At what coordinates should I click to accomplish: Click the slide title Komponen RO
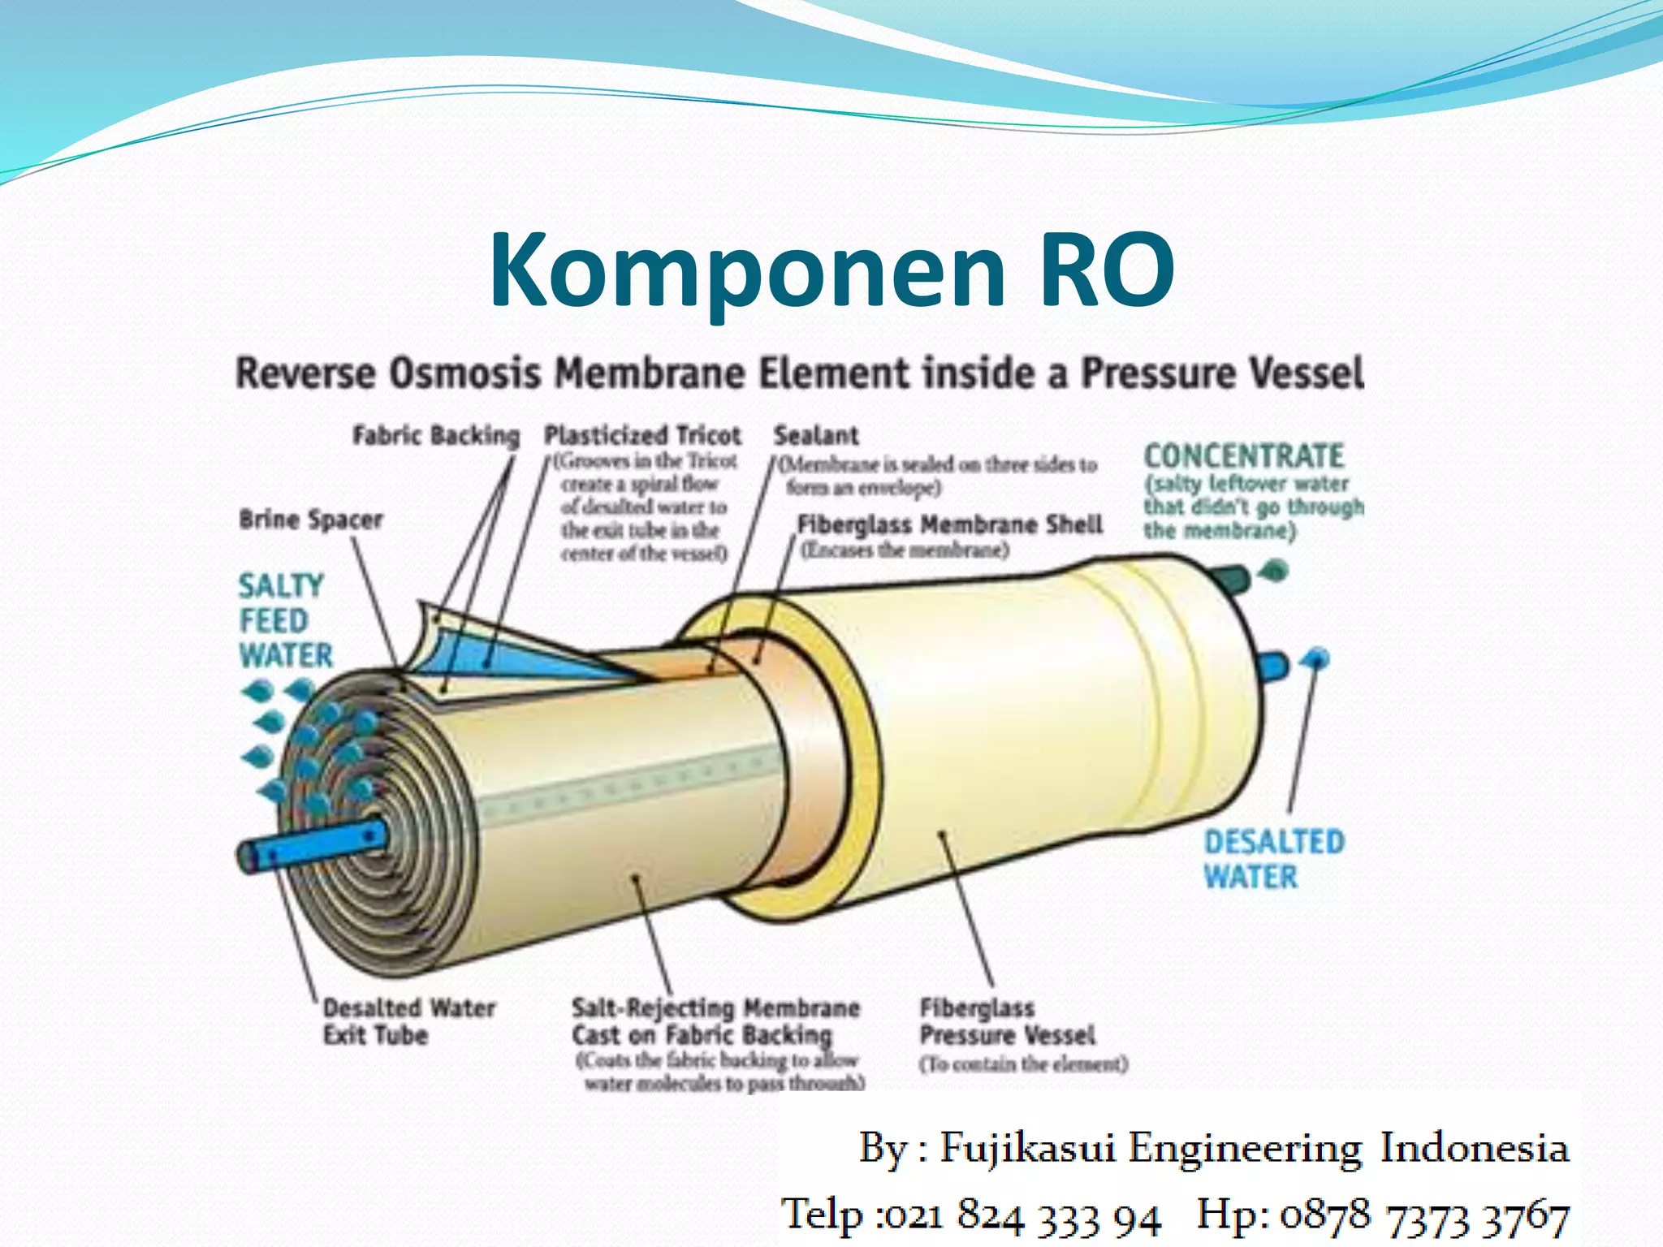(831, 270)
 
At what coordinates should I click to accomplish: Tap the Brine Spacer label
(311, 520)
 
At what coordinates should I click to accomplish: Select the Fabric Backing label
(435, 436)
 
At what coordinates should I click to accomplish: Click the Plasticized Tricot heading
(642, 436)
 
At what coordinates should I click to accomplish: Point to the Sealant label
(815, 436)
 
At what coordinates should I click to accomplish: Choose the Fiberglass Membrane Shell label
(949, 524)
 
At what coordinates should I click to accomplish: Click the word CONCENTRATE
(1244, 455)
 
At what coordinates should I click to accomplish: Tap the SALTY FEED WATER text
(284, 620)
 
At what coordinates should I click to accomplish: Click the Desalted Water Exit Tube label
(408, 1021)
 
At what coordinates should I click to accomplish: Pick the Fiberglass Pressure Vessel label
(1007, 1021)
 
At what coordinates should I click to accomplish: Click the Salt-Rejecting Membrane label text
(715, 1021)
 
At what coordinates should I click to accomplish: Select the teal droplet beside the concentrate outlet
(1275, 570)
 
